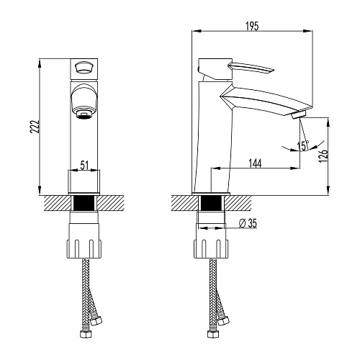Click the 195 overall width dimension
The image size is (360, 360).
pos(253,26)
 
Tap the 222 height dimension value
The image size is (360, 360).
pos(35,126)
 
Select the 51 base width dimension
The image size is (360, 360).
pos(84,165)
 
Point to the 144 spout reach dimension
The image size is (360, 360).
pos(255,163)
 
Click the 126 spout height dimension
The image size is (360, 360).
pos(323,156)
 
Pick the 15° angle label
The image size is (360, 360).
pos(303,145)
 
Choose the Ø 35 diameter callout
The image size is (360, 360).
pos(248,223)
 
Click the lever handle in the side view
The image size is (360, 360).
pos(251,67)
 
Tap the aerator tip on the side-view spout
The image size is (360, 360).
pos(299,114)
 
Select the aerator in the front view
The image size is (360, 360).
pos(84,114)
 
